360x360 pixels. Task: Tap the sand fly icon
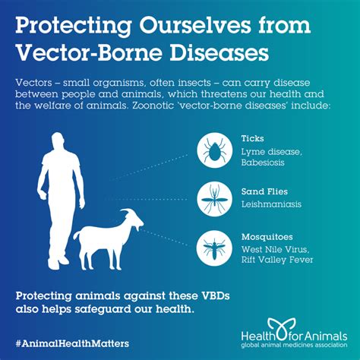click(x=214, y=199)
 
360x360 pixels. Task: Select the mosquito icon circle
click(x=214, y=246)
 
